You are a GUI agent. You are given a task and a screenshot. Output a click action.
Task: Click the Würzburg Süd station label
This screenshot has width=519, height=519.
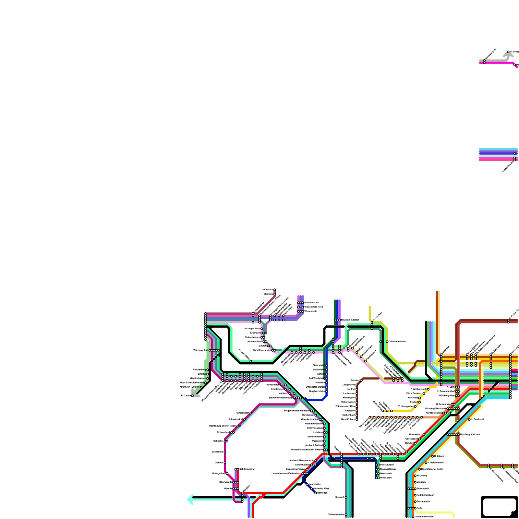point(200,350)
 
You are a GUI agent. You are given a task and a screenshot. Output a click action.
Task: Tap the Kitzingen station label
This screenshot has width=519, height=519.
point(255,333)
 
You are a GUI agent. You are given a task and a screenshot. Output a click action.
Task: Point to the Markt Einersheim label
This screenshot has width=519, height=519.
point(261,350)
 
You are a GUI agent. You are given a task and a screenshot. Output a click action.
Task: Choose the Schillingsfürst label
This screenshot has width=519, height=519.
point(247,469)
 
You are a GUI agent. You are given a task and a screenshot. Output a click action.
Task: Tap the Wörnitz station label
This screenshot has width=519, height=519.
point(228,489)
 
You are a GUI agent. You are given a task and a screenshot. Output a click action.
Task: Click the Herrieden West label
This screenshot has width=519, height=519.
point(321,489)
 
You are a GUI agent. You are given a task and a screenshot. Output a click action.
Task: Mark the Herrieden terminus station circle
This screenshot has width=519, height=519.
point(316,493)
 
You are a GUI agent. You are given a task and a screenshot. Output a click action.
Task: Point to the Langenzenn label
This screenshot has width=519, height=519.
point(349,385)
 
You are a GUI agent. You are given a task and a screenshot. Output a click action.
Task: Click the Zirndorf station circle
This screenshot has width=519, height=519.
point(419,402)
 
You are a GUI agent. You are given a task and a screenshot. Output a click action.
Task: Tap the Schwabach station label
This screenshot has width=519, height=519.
point(423,489)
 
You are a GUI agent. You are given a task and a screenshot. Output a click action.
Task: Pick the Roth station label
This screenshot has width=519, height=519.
point(419,508)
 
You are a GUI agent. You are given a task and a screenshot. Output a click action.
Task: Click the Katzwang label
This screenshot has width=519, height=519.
point(422,476)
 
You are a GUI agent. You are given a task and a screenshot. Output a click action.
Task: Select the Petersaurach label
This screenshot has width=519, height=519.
point(387,465)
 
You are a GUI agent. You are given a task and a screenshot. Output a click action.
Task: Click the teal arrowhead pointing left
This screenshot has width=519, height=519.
point(190,500)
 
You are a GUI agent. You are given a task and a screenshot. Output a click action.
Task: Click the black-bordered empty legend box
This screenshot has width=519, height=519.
point(499,507)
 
